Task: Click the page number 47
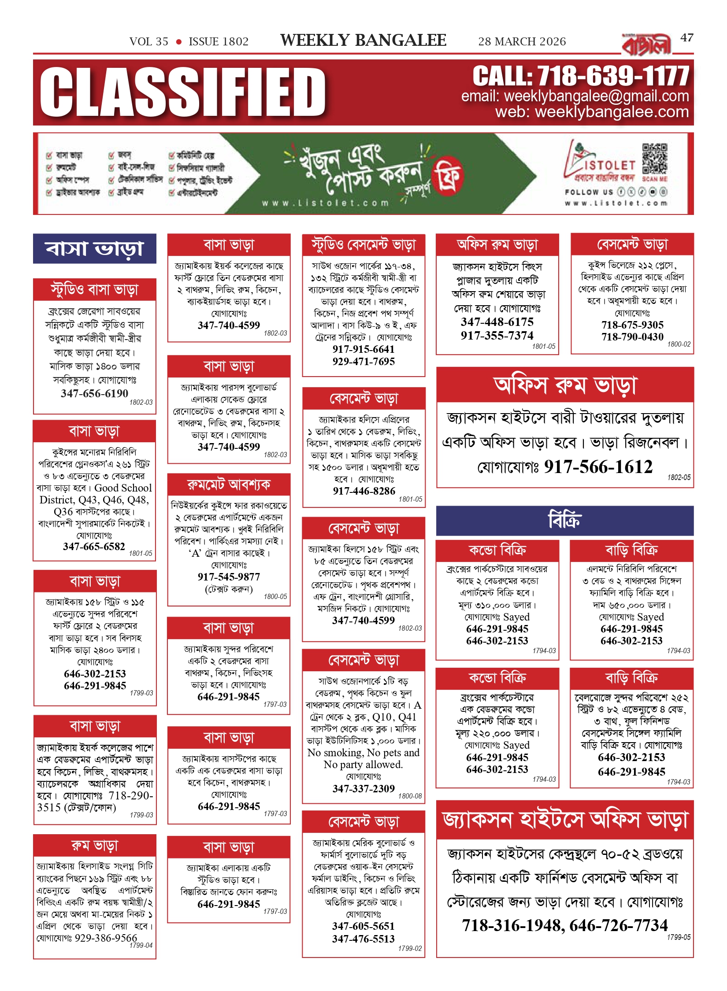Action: click(x=686, y=38)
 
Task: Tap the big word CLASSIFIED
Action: click(x=182, y=93)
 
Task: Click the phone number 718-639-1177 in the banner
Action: click(x=612, y=76)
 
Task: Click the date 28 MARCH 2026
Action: click(x=522, y=41)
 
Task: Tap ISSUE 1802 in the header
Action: click(x=219, y=41)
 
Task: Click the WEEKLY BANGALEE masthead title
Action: click(x=363, y=41)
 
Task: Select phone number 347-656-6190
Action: click(x=94, y=393)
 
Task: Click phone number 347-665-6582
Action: click(x=94, y=547)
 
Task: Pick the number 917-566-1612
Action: click(x=598, y=467)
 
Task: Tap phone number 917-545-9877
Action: click(x=229, y=577)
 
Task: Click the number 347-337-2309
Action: click(x=363, y=788)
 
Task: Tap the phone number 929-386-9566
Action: click(x=106, y=938)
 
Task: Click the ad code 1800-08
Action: click(x=410, y=796)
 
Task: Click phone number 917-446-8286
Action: click(x=364, y=491)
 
